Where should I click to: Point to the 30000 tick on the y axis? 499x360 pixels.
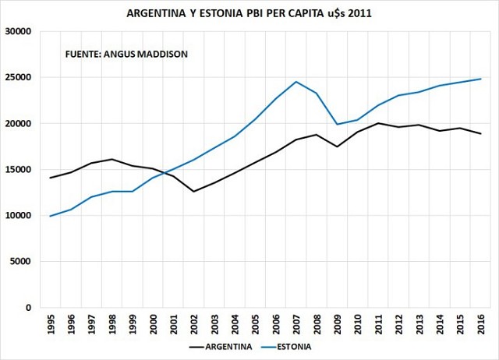16,32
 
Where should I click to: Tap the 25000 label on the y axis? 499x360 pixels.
16,78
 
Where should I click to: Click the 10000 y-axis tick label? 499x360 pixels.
16,216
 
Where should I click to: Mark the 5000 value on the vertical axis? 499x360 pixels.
19,262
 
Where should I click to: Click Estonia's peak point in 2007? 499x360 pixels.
296,82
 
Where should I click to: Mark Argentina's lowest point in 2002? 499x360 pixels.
194,191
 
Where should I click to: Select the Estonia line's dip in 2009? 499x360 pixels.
338,124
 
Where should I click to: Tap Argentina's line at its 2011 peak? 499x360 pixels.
378,123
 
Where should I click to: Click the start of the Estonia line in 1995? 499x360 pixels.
51,216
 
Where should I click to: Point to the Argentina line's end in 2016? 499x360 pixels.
480,133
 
